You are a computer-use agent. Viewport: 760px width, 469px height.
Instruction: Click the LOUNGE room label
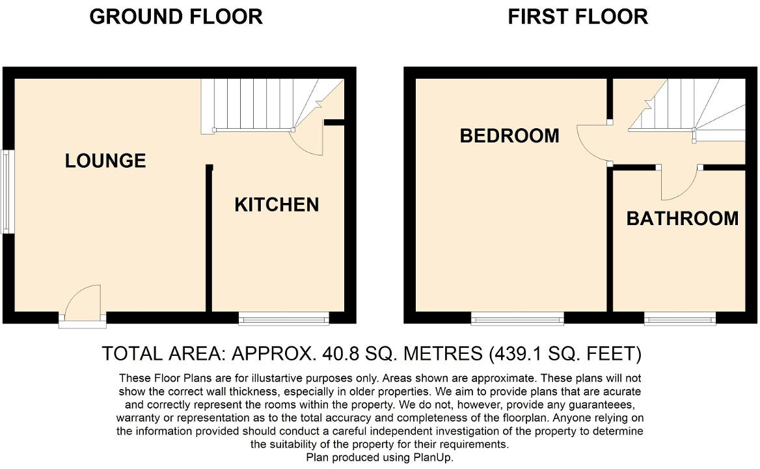(105, 160)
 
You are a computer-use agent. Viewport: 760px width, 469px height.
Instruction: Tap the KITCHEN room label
(277, 205)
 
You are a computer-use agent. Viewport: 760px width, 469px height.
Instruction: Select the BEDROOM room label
(509, 136)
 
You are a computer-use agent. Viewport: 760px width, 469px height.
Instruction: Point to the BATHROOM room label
(682, 219)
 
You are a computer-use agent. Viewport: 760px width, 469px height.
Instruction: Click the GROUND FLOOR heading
(176, 17)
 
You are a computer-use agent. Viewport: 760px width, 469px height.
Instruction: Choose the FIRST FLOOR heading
(577, 17)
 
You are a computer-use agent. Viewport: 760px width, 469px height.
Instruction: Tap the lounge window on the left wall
(7, 192)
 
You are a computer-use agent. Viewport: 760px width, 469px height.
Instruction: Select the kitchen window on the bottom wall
(284, 318)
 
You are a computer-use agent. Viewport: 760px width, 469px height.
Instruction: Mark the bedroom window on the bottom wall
(517, 318)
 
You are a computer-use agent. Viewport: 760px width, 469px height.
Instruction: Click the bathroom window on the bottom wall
(680, 318)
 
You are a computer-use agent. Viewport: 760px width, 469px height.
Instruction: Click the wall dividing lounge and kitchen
(209, 241)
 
